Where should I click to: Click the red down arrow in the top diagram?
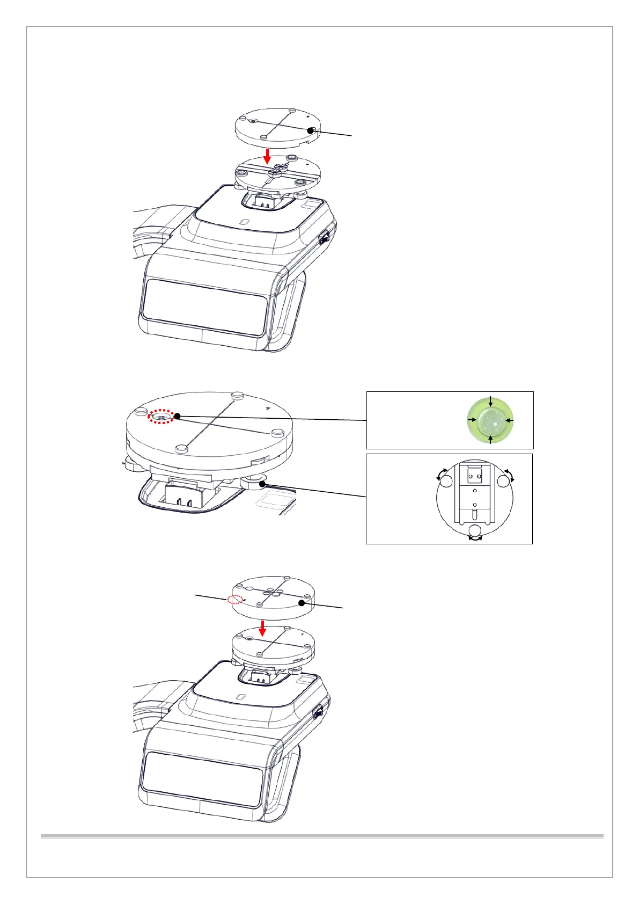pos(268,156)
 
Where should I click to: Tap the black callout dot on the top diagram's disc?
pos(310,130)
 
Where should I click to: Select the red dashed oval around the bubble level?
pos(161,417)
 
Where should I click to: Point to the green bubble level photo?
pos(490,420)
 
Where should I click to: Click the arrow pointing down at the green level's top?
pos(490,402)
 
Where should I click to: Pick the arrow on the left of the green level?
pos(472,420)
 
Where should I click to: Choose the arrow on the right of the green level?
pos(509,420)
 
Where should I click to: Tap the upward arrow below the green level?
pos(490,439)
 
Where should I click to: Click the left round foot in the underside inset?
pos(446,482)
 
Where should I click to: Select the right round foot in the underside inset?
pos(503,481)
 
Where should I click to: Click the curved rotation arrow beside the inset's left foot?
pos(442,473)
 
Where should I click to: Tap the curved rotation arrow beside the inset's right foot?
pos(509,473)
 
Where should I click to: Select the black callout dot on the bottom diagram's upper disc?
pos(302,603)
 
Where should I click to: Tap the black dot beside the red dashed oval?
pos(177,416)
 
